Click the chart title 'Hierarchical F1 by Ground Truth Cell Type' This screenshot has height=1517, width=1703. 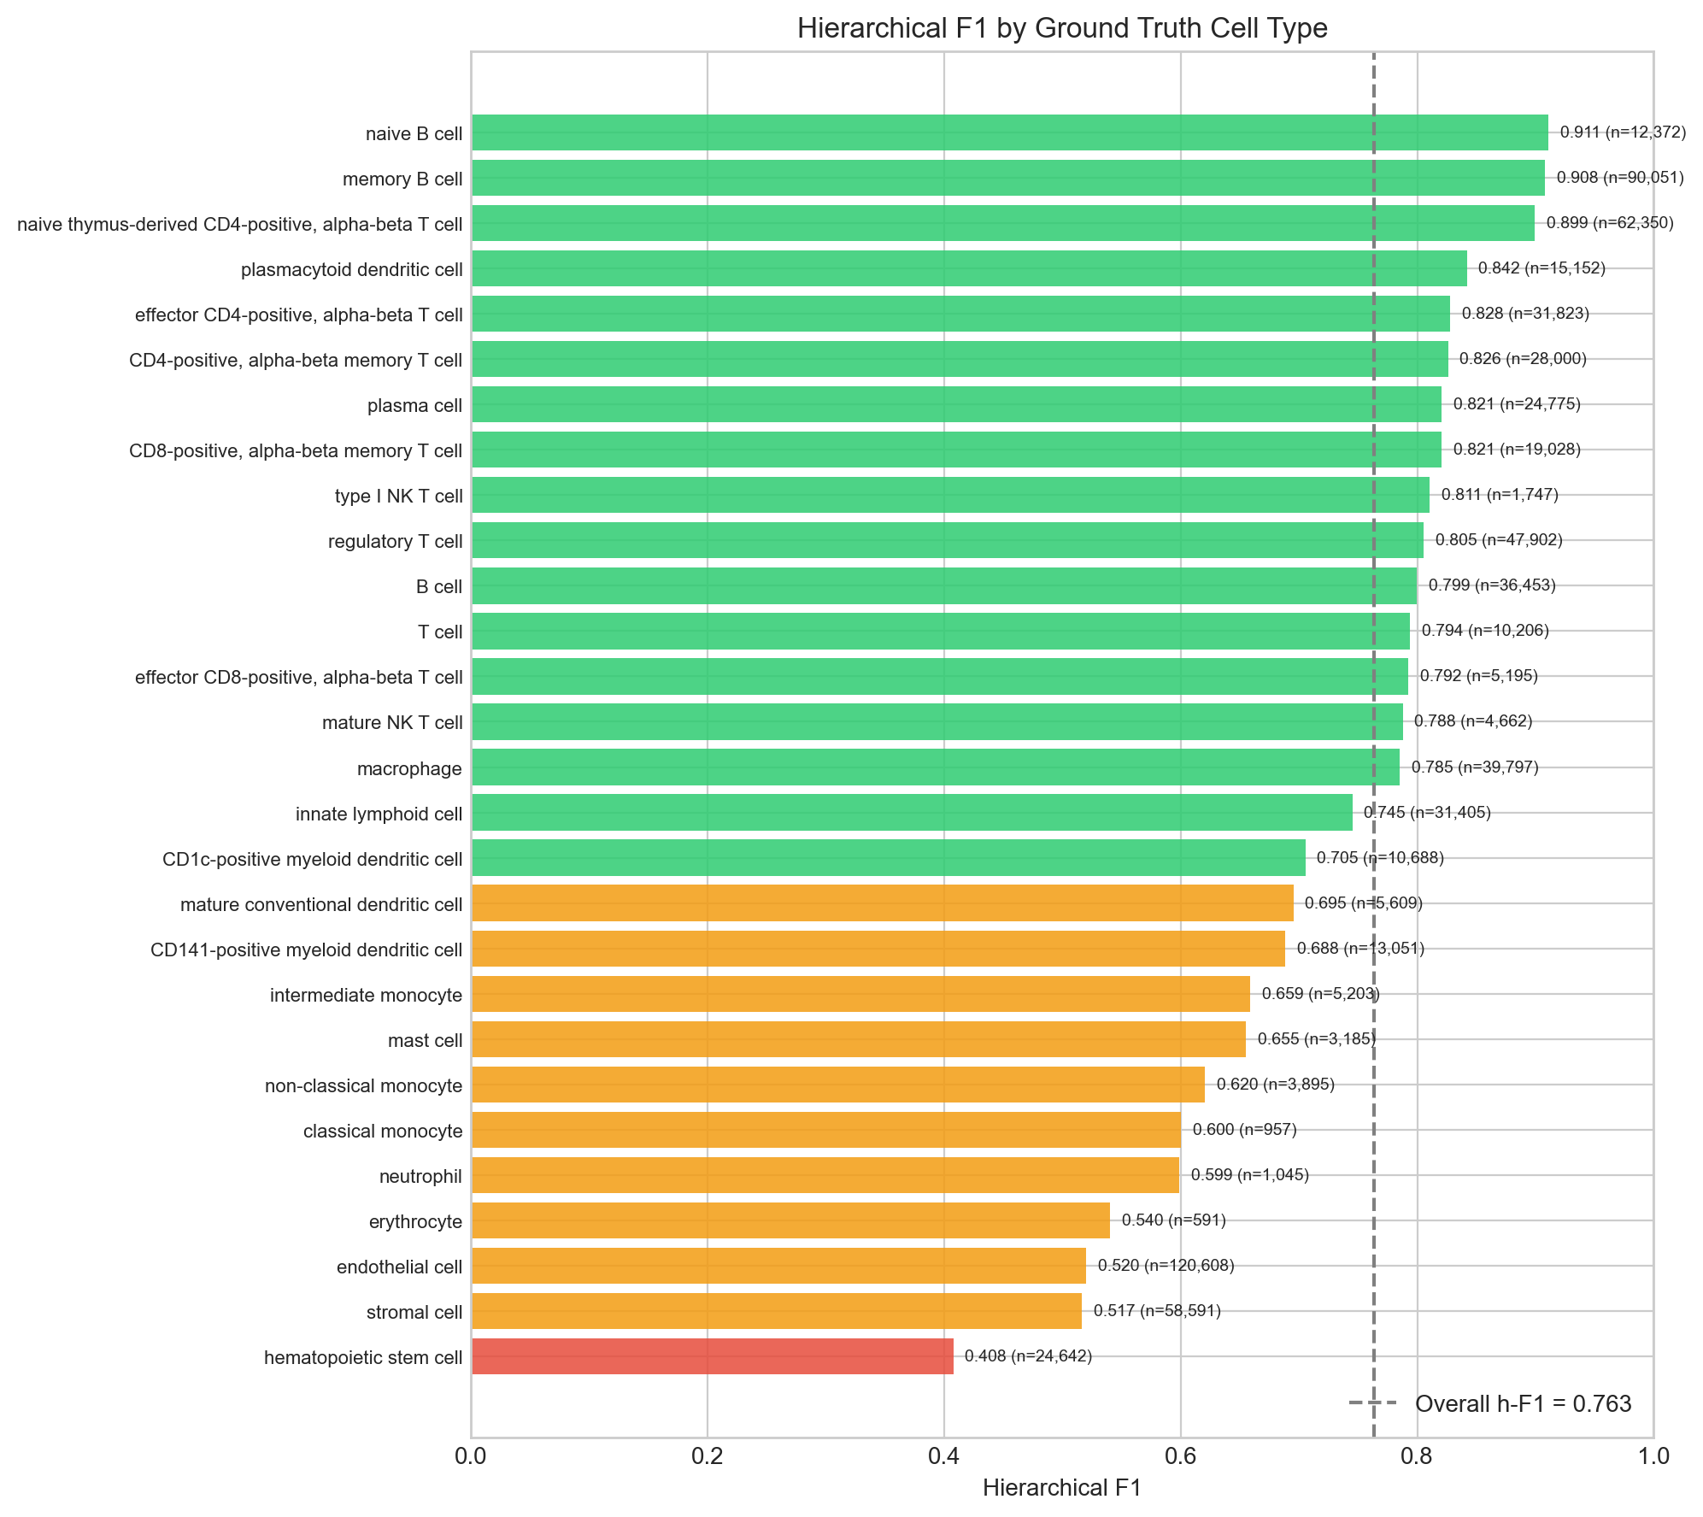coord(1062,29)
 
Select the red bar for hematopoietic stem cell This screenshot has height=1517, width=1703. coord(712,1356)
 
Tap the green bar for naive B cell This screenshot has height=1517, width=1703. coord(1009,132)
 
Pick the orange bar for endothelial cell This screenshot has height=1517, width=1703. coord(778,1266)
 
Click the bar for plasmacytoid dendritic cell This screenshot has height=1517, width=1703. coord(969,268)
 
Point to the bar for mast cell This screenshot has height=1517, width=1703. coord(858,1039)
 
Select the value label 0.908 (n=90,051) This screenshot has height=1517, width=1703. coord(1620,178)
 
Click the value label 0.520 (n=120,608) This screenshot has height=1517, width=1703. coord(1166,1266)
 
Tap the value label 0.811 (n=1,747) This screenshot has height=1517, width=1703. coord(1500,495)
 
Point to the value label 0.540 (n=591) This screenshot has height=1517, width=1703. coord(1173,1220)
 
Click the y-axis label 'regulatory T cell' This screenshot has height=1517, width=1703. coord(395,541)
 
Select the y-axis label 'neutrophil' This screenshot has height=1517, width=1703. coord(420,1177)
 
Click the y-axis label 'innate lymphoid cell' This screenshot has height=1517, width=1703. coord(379,814)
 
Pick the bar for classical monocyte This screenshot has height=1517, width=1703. coord(825,1130)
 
